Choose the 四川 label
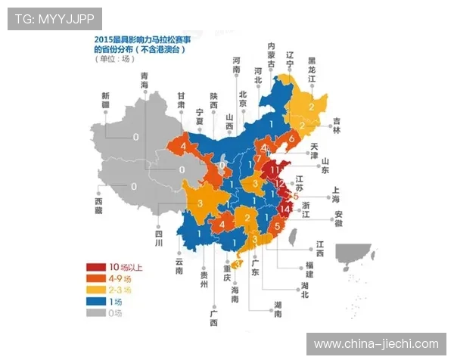160,240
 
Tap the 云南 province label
179,265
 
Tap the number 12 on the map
279,184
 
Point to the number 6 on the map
291,140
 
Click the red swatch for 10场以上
95,267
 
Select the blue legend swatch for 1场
95,300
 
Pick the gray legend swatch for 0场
95,312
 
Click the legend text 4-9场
120,278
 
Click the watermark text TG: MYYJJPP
54,18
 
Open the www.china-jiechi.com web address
376,344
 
